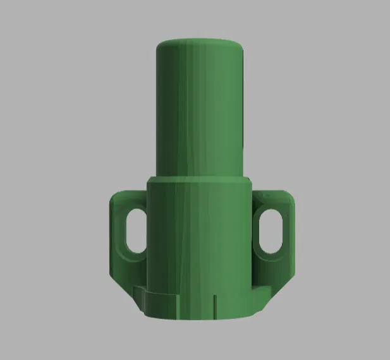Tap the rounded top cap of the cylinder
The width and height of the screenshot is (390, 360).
[x=200, y=45]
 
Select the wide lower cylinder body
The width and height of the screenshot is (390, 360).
[x=199, y=240]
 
